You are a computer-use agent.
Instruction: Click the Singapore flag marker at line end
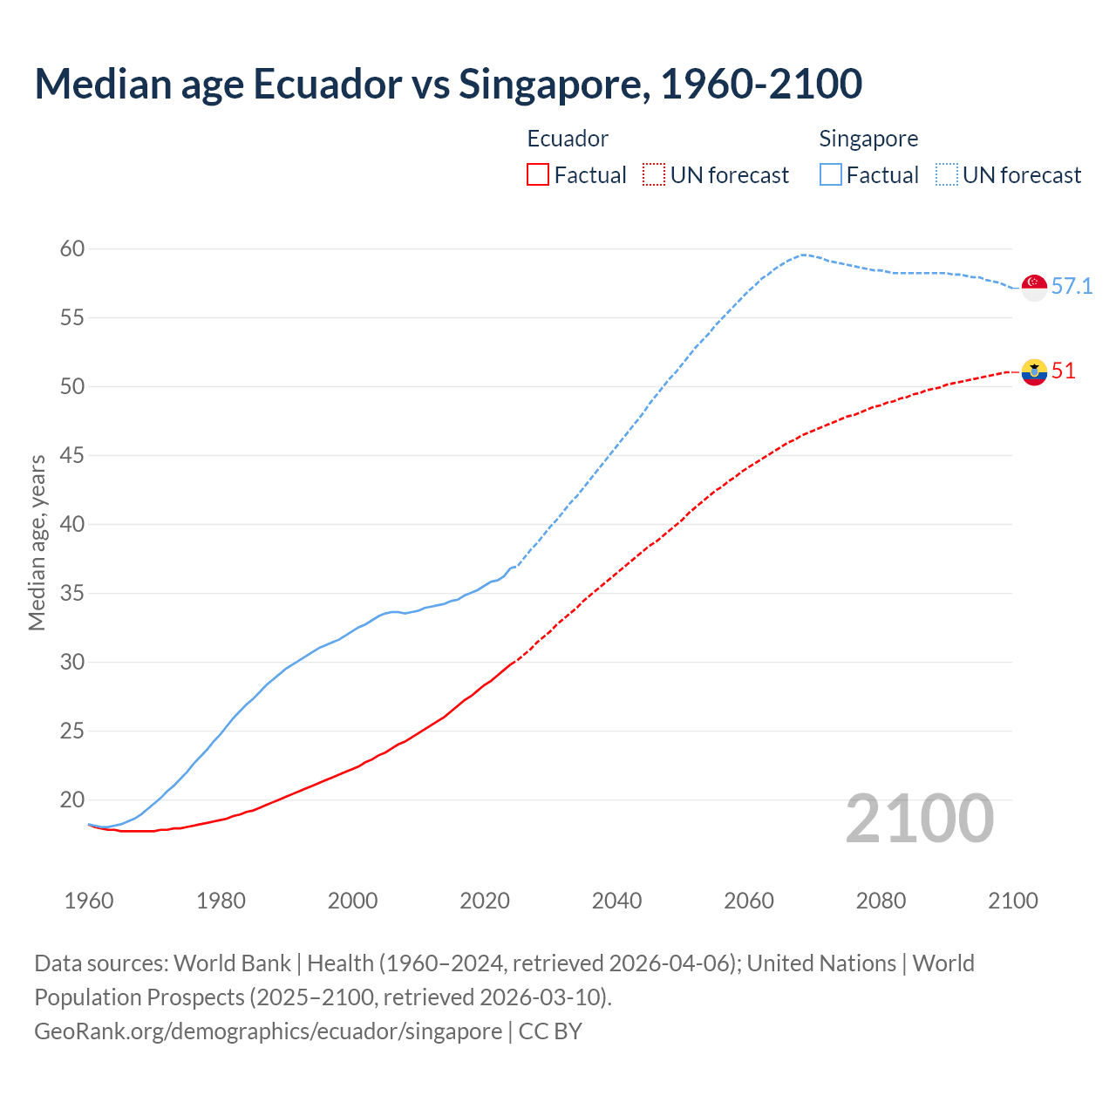point(1034,287)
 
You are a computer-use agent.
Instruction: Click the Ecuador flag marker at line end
point(1034,371)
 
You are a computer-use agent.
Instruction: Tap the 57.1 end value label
point(1072,286)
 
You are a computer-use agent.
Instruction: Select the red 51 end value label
point(1064,371)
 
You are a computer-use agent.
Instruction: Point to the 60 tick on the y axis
point(72,249)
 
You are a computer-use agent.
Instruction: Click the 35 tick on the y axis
point(72,594)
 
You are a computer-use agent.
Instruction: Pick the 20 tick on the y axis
point(72,800)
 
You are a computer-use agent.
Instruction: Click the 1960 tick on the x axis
point(89,901)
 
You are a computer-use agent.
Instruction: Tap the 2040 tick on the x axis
point(616,901)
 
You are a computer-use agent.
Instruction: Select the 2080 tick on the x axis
point(881,901)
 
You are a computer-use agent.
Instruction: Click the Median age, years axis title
point(37,542)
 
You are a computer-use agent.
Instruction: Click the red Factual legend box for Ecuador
point(538,175)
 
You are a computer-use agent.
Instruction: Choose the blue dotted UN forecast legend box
point(947,175)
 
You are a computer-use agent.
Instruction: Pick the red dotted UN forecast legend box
point(654,175)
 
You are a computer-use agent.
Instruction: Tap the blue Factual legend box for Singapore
point(831,175)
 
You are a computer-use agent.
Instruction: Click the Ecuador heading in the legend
point(568,139)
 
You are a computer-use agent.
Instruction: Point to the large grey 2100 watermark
point(920,819)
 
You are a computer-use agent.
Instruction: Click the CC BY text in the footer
point(550,1031)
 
